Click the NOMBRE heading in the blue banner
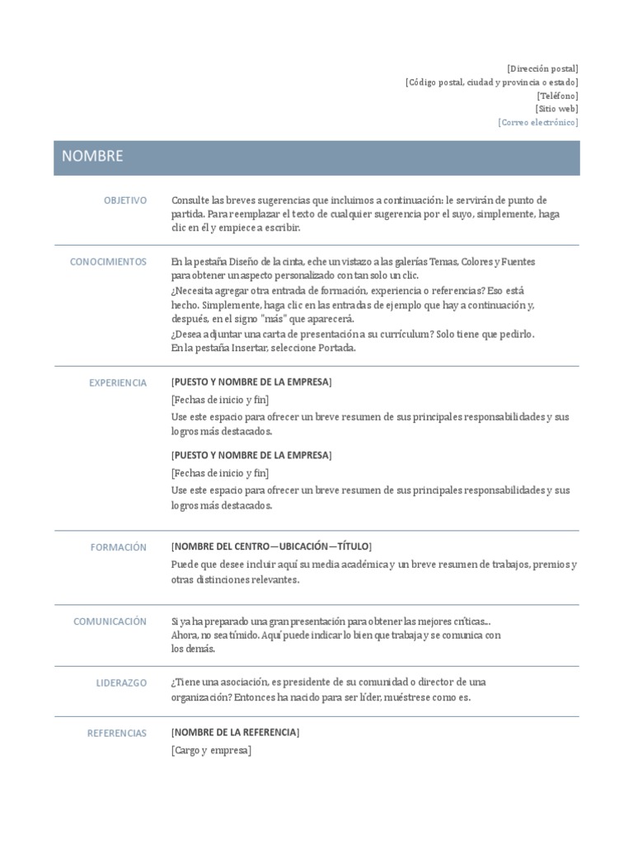coord(92,157)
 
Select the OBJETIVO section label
coord(125,200)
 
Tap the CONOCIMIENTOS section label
coord(108,262)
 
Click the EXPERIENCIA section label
coord(118,382)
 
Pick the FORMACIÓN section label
coord(119,547)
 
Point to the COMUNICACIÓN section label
coord(110,621)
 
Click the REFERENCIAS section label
coord(117,733)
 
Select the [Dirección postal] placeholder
coord(542,68)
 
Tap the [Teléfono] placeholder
coord(557,96)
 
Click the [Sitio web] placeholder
coord(556,109)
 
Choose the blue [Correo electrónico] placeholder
coord(538,122)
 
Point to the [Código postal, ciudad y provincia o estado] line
coord(491,82)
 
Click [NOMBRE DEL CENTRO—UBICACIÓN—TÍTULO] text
coord(271,546)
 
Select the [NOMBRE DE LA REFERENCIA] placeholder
coord(236,732)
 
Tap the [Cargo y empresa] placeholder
coord(211,750)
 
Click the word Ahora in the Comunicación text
coord(185,635)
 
